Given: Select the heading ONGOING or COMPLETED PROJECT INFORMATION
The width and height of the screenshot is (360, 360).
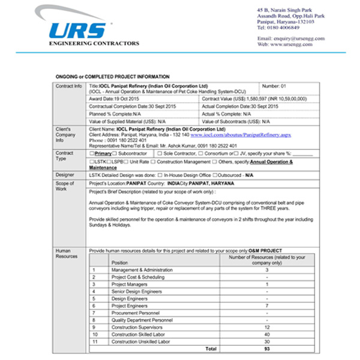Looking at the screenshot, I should point(112,77).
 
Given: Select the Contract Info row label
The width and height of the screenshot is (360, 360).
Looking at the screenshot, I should point(68,86).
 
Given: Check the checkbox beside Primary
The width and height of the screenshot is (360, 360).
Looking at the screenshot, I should point(91,154).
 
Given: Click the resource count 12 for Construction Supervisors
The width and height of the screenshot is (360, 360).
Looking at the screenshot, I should point(266,326).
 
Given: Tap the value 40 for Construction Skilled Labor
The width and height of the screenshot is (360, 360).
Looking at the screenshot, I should point(266,334).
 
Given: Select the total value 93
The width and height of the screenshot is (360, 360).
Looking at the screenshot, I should point(266,348).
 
